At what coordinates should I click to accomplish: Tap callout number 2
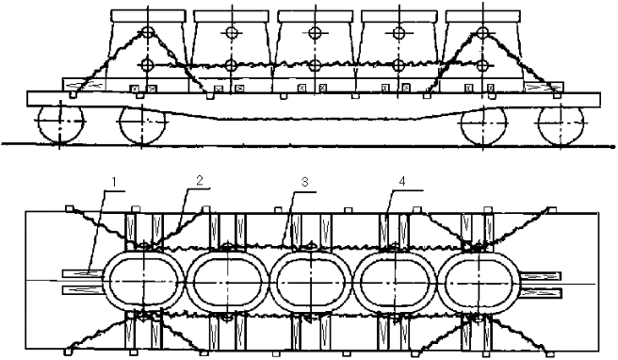pos(200,179)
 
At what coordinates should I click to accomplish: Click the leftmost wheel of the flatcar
pos(58,123)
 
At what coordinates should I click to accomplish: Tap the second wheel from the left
pos(140,123)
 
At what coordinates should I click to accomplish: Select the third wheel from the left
pos(480,123)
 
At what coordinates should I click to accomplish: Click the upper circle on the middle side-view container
pos(313,33)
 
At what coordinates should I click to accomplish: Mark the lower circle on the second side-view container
pos(230,65)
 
